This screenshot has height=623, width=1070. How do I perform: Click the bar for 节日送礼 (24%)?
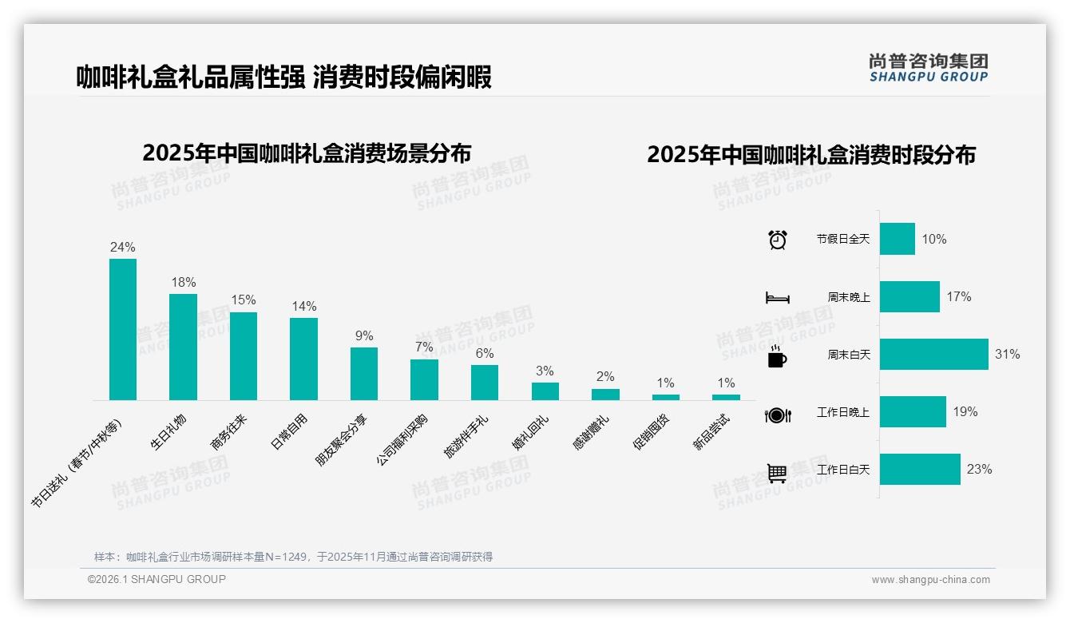coord(123,329)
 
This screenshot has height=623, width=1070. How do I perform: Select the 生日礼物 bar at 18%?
coord(183,347)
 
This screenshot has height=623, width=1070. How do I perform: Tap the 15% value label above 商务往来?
coord(244,300)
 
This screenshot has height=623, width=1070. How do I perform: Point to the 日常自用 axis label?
coord(289,432)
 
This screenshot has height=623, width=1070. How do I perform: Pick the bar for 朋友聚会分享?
coord(364,374)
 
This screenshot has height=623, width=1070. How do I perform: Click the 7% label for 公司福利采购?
coord(424,347)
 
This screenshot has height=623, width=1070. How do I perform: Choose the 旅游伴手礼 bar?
coord(485,383)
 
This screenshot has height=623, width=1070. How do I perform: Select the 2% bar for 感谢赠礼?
coord(605,395)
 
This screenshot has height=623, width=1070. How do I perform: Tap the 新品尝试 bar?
coord(726,397)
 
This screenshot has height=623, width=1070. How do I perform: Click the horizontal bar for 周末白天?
coord(933,355)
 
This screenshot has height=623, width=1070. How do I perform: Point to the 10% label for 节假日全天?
coord(933,240)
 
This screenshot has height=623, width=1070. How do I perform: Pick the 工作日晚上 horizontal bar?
coord(913,412)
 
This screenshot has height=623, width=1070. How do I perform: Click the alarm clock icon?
coord(777,240)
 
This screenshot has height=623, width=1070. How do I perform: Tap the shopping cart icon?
coord(777,474)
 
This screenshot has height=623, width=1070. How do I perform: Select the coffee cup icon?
coord(777,357)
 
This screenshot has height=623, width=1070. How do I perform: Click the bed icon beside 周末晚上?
coord(777,298)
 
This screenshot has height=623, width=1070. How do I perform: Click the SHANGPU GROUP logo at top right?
coord(928,68)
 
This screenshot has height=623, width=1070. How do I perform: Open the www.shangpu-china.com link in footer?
coord(930,580)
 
